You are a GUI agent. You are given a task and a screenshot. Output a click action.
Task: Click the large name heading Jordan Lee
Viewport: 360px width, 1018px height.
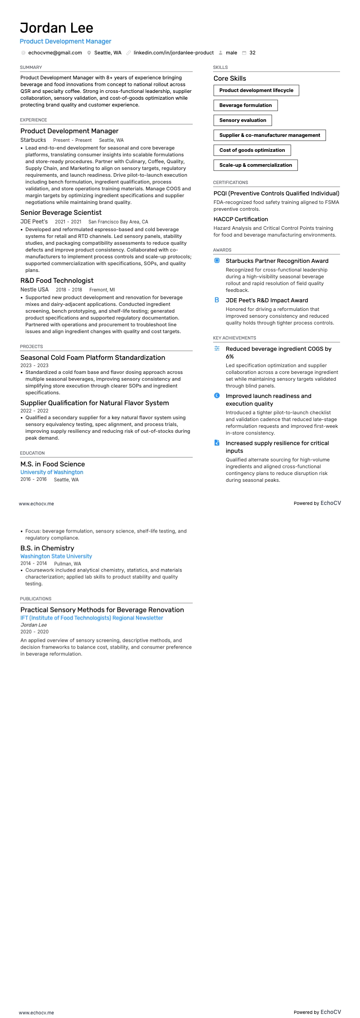[57, 28]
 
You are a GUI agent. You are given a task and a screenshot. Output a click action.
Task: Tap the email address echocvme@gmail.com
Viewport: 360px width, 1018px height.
[55, 53]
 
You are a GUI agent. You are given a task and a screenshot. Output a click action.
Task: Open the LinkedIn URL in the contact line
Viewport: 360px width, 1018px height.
[173, 53]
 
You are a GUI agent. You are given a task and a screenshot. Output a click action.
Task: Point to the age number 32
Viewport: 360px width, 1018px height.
[253, 53]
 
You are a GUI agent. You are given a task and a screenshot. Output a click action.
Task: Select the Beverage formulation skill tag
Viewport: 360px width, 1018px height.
[245, 105]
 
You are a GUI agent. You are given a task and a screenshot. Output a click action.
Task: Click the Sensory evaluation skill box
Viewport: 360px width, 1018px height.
[243, 120]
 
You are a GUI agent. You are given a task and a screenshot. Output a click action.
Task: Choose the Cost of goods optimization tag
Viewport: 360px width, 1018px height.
[252, 150]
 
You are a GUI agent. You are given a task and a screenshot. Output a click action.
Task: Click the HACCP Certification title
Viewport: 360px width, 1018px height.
[241, 219]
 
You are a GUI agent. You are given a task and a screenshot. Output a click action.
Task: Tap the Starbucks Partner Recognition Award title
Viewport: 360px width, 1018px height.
[277, 261]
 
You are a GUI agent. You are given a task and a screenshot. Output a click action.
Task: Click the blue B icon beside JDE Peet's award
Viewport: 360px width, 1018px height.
[217, 300]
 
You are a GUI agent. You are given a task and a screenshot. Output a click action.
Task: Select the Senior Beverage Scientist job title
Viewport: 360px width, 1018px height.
[61, 213]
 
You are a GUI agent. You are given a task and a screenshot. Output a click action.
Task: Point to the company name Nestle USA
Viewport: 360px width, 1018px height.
[34, 290]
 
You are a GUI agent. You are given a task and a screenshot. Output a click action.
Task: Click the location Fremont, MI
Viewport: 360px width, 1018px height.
[102, 290]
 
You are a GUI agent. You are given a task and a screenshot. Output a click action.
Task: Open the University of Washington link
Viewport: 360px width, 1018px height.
[52, 472]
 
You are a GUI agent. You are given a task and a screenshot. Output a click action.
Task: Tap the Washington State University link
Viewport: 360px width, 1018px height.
[56, 556]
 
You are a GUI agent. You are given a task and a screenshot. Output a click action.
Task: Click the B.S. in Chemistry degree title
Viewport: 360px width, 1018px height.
[47, 548]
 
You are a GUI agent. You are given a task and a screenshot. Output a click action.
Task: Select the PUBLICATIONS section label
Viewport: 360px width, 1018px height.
[36, 599]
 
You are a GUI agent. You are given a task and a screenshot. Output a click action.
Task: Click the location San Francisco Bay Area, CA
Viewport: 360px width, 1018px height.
[118, 222]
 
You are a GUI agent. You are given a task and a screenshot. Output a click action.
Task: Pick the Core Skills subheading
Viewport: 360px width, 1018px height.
[230, 78]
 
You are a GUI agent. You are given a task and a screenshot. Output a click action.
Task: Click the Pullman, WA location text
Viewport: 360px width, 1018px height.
[68, 564]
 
